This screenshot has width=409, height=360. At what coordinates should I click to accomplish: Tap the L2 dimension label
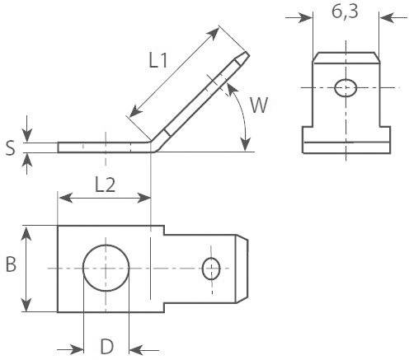click(104, 185)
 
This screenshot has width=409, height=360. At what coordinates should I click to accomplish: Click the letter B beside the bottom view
click(11, 265)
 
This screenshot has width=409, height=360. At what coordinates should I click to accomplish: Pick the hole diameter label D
click(106, 347)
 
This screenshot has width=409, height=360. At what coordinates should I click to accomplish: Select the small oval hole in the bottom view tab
click(212, 269)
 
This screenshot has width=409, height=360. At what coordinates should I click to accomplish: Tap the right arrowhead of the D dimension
click(136, 347)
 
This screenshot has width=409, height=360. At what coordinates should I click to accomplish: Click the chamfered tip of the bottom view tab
click(242, 269)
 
